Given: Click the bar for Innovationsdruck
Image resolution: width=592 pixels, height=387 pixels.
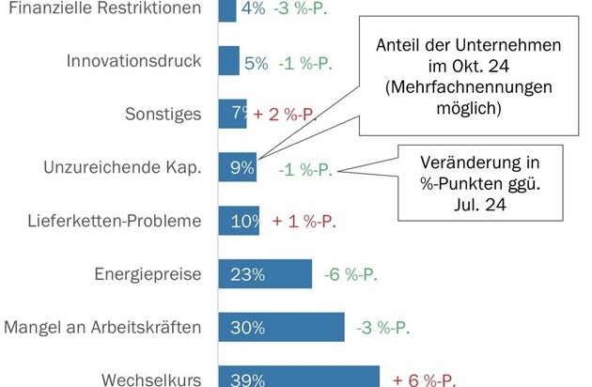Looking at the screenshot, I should click(229, 63).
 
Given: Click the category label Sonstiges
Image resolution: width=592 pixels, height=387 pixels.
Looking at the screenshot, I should click(164, 116).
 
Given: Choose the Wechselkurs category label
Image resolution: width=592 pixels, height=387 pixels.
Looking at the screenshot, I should click(152, 380).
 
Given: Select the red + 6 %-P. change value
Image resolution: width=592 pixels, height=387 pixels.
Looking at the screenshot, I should click(425, 380).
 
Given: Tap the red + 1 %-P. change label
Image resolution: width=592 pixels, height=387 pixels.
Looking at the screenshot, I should click(304, 222).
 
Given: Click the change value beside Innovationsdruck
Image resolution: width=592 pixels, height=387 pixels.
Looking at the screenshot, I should click(305, 63).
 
